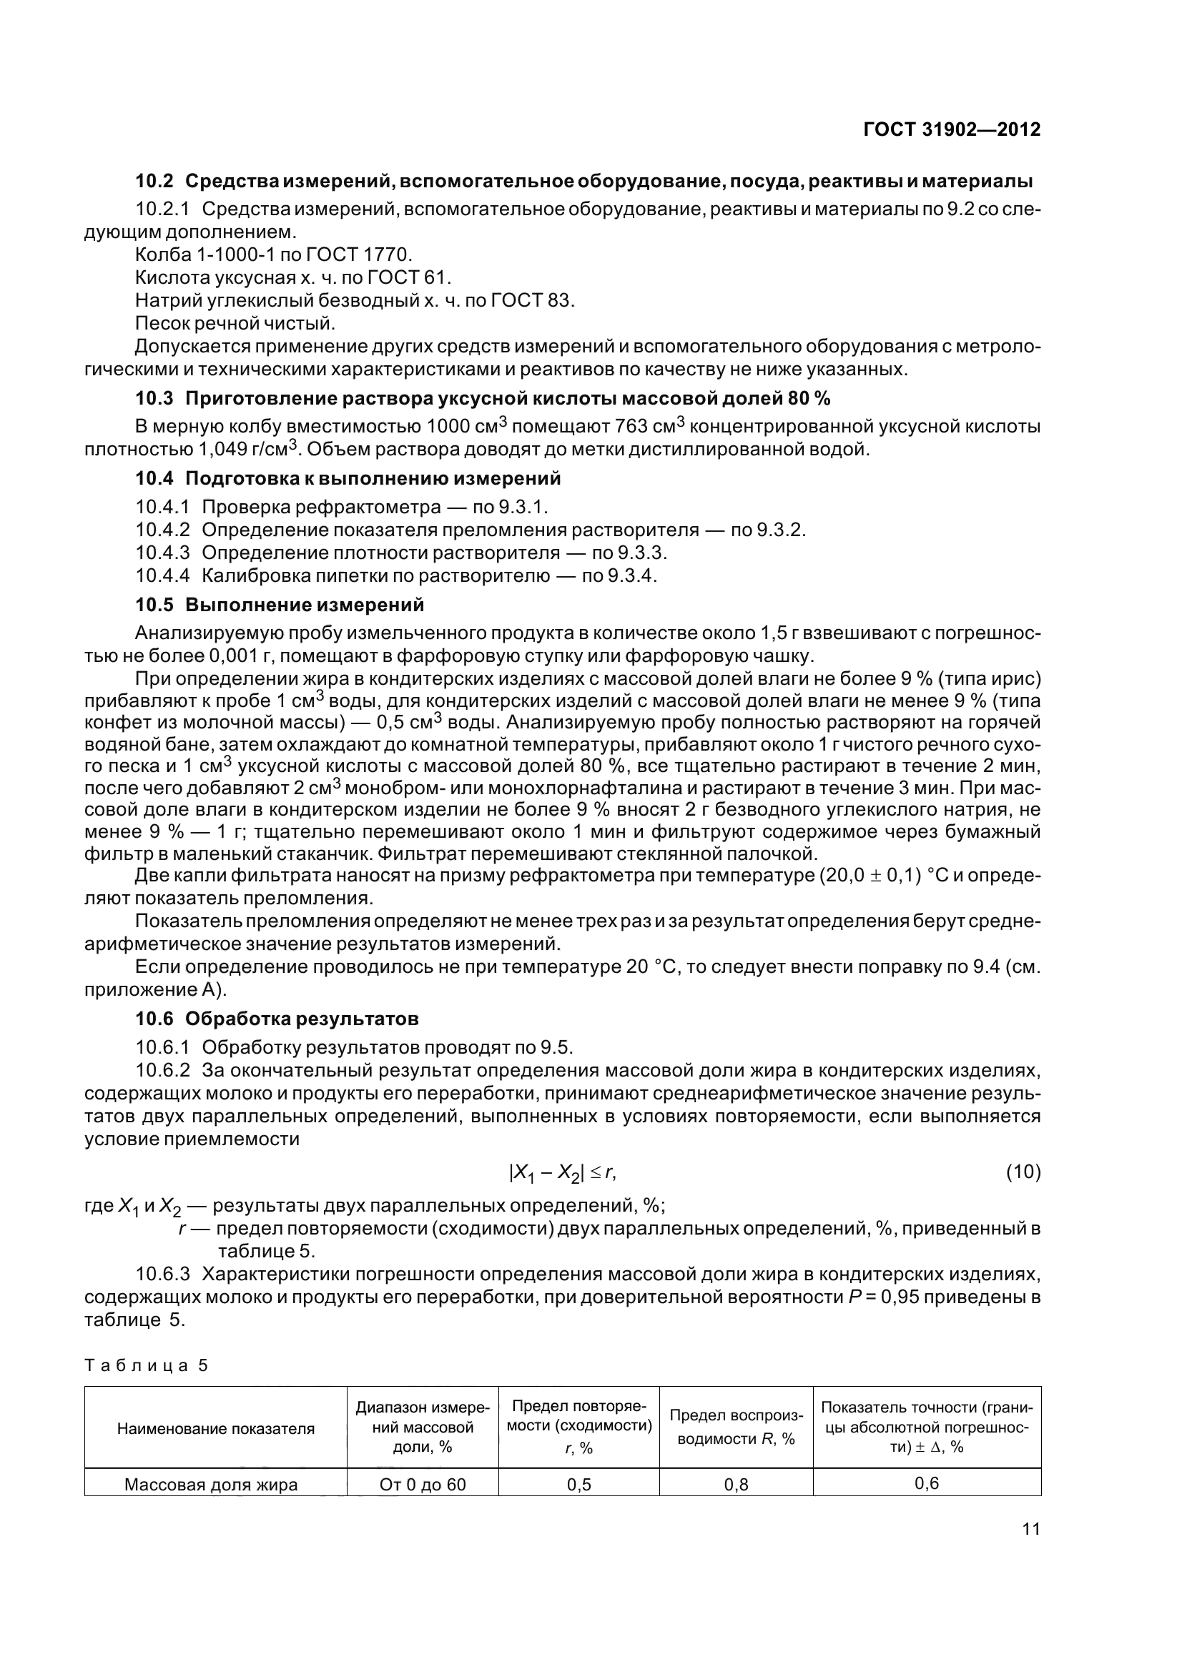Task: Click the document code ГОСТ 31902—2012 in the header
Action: pos(951,129)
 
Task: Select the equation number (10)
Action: pos(1023,1172)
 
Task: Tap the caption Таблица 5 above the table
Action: pos(147,1366)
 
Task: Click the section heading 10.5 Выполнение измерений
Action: pos(280,605)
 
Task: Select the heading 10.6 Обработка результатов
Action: pos(277,1019)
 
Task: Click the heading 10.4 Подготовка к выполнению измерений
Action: pos(348,478)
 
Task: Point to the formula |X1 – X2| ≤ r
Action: pos(562,1173)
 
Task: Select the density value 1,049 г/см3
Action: pos(244,449)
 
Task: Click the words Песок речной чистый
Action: pos(235,322)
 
